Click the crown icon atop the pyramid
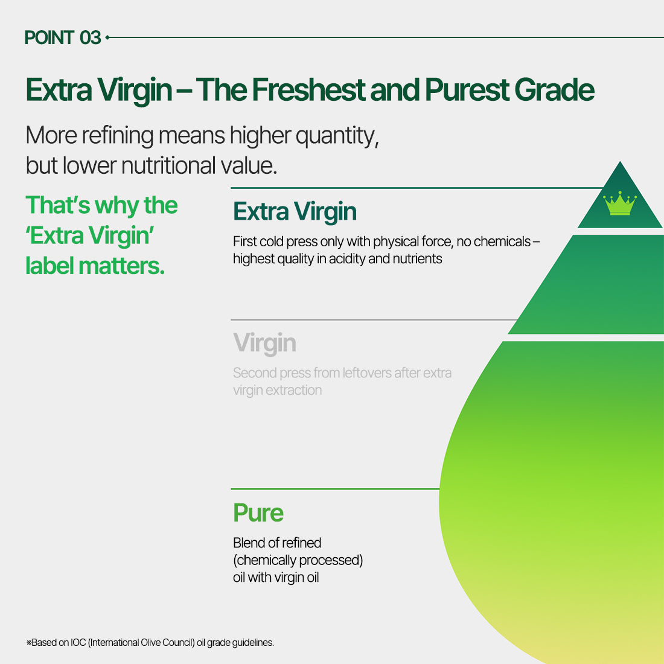620,203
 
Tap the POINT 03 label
63,37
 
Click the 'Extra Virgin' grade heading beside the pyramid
295,211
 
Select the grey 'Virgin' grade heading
264,343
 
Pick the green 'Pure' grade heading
258,513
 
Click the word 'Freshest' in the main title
308,90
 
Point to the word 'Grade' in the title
554,90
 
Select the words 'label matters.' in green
95,266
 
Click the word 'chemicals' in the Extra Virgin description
502,241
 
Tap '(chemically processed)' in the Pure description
298,560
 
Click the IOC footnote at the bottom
150,642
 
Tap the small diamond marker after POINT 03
107,37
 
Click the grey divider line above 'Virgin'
374,320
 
